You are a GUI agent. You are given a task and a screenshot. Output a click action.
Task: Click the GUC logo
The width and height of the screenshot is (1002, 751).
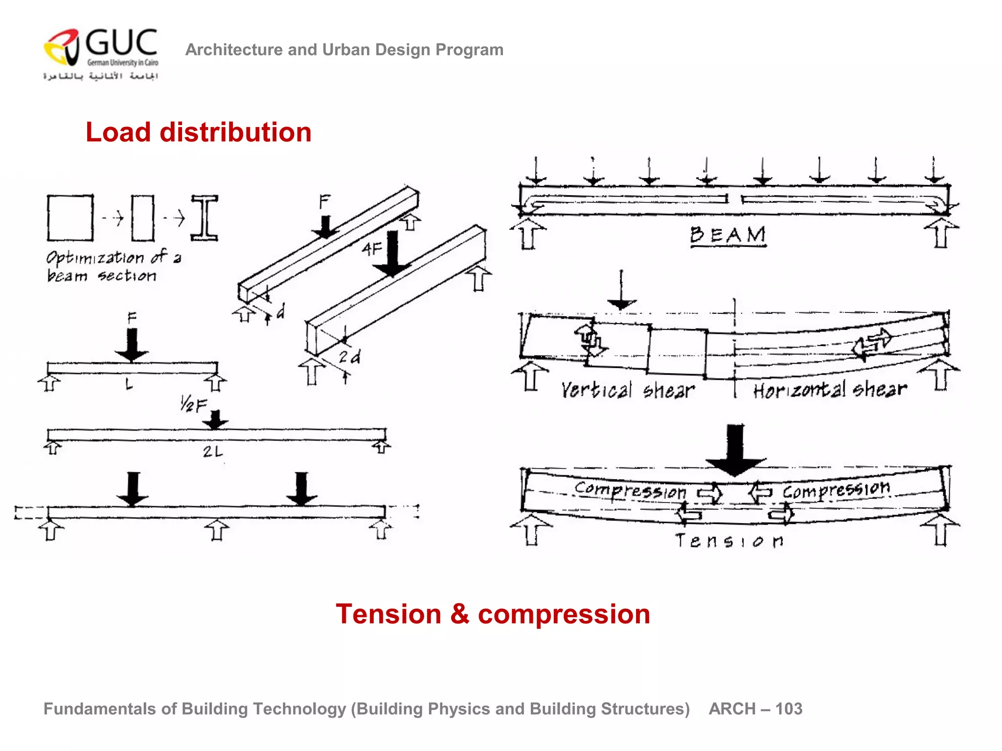tap(101, 54)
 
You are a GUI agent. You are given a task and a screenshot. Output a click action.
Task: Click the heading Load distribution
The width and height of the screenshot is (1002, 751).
tap(198, 133)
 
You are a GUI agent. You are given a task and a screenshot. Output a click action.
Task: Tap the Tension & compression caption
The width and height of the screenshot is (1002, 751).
tap(493, 614)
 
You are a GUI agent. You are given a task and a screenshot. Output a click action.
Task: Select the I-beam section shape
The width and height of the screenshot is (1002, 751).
tap(205, 218)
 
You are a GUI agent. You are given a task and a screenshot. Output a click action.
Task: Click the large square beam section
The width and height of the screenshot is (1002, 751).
tap(70, 218)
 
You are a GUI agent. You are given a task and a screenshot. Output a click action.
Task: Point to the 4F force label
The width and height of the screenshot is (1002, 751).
tap(372, 249)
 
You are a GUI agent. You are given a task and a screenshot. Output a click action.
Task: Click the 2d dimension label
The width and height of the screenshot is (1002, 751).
tap(349, 357)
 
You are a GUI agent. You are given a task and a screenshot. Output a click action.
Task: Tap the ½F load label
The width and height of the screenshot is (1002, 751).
tap(193, 405)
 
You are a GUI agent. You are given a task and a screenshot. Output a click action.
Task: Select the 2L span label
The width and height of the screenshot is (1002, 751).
tap(213, 452)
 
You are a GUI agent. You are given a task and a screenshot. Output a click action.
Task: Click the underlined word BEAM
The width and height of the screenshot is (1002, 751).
tap(728, 236)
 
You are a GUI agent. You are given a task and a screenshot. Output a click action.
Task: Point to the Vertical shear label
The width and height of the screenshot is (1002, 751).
tap(628, 390)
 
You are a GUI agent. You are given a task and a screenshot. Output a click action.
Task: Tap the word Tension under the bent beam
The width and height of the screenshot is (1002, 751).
tap(729, 541)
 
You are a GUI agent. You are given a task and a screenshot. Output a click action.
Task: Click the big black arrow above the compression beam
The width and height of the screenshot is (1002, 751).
tap(735, 450)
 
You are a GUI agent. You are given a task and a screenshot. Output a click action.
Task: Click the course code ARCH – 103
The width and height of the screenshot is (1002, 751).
tap(755, 709)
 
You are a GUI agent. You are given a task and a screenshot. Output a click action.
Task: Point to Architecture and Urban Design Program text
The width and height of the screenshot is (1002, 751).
tap(344, 50)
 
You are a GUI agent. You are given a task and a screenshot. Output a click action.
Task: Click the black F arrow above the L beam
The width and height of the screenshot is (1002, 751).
tap(132, 345)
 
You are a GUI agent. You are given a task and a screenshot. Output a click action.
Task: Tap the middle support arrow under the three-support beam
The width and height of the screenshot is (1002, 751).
tap(217, 530)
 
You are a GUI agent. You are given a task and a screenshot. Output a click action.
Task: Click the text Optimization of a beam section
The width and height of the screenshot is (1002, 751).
tap(113, 266)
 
